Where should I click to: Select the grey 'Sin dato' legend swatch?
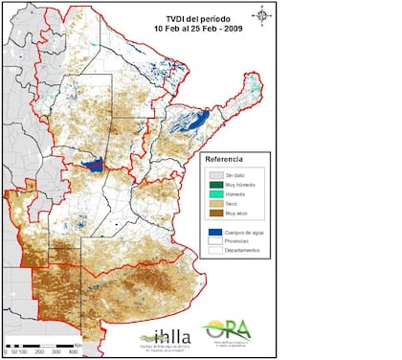[x=217, y=175]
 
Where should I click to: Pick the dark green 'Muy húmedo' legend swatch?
[x=217, y=186]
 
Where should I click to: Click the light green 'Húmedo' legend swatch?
[x=217, y=195]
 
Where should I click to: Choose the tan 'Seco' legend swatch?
[x=217, y=205]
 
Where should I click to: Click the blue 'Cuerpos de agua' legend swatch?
[x=217, y=232]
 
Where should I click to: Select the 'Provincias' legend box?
[x=217, y=241]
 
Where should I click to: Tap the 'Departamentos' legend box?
[x=217, y=251]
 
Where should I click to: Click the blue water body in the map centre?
[x=94, y=165]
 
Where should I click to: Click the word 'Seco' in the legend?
[x=235, y=205]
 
